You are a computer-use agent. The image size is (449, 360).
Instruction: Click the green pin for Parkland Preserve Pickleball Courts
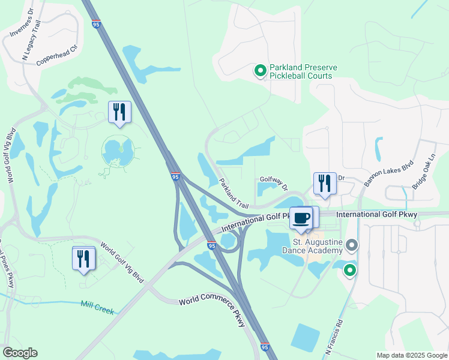click(x=260, y=71)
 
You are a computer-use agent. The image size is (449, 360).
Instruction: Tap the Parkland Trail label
click(x=234, y=193)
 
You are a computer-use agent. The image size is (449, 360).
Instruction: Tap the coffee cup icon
click(x=301, y=218)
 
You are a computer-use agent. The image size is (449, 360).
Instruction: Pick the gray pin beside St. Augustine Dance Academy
click(x=352, y=245)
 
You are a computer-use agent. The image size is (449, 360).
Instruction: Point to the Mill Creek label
click(x=97, y=308)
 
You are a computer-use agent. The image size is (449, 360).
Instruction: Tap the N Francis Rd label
click(x=334, y=339)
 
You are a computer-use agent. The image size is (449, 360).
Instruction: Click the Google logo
click(x=20, y=353)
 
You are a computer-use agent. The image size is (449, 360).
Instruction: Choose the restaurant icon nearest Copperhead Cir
click(x=119, y=112)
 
